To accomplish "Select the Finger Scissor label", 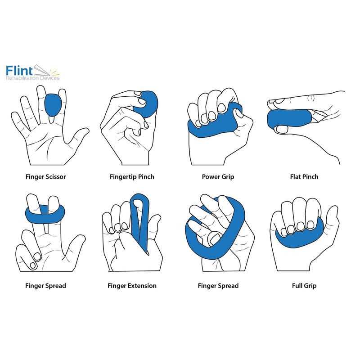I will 45,177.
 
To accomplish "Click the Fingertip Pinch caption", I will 132,177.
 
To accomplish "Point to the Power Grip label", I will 218,177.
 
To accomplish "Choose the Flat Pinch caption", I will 304,177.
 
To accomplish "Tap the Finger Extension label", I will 132,286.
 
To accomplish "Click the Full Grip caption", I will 304,286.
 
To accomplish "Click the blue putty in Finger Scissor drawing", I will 54,105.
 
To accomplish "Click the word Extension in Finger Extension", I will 141,286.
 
